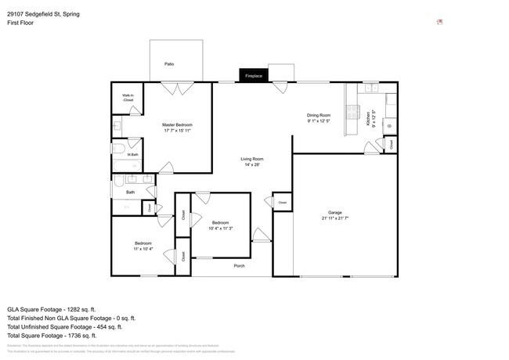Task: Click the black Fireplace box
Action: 254,75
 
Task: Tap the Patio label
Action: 169,63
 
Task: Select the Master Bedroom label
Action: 177,124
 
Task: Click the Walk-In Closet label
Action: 128,98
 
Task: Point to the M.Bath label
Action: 133,155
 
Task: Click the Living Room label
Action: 251,159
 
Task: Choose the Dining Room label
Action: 318,115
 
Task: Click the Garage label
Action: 335,212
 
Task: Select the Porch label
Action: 240,266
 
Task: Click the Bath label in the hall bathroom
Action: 131,192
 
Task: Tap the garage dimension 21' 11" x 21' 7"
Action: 335,218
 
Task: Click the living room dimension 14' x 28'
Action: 251,164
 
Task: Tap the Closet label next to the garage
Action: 282,203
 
